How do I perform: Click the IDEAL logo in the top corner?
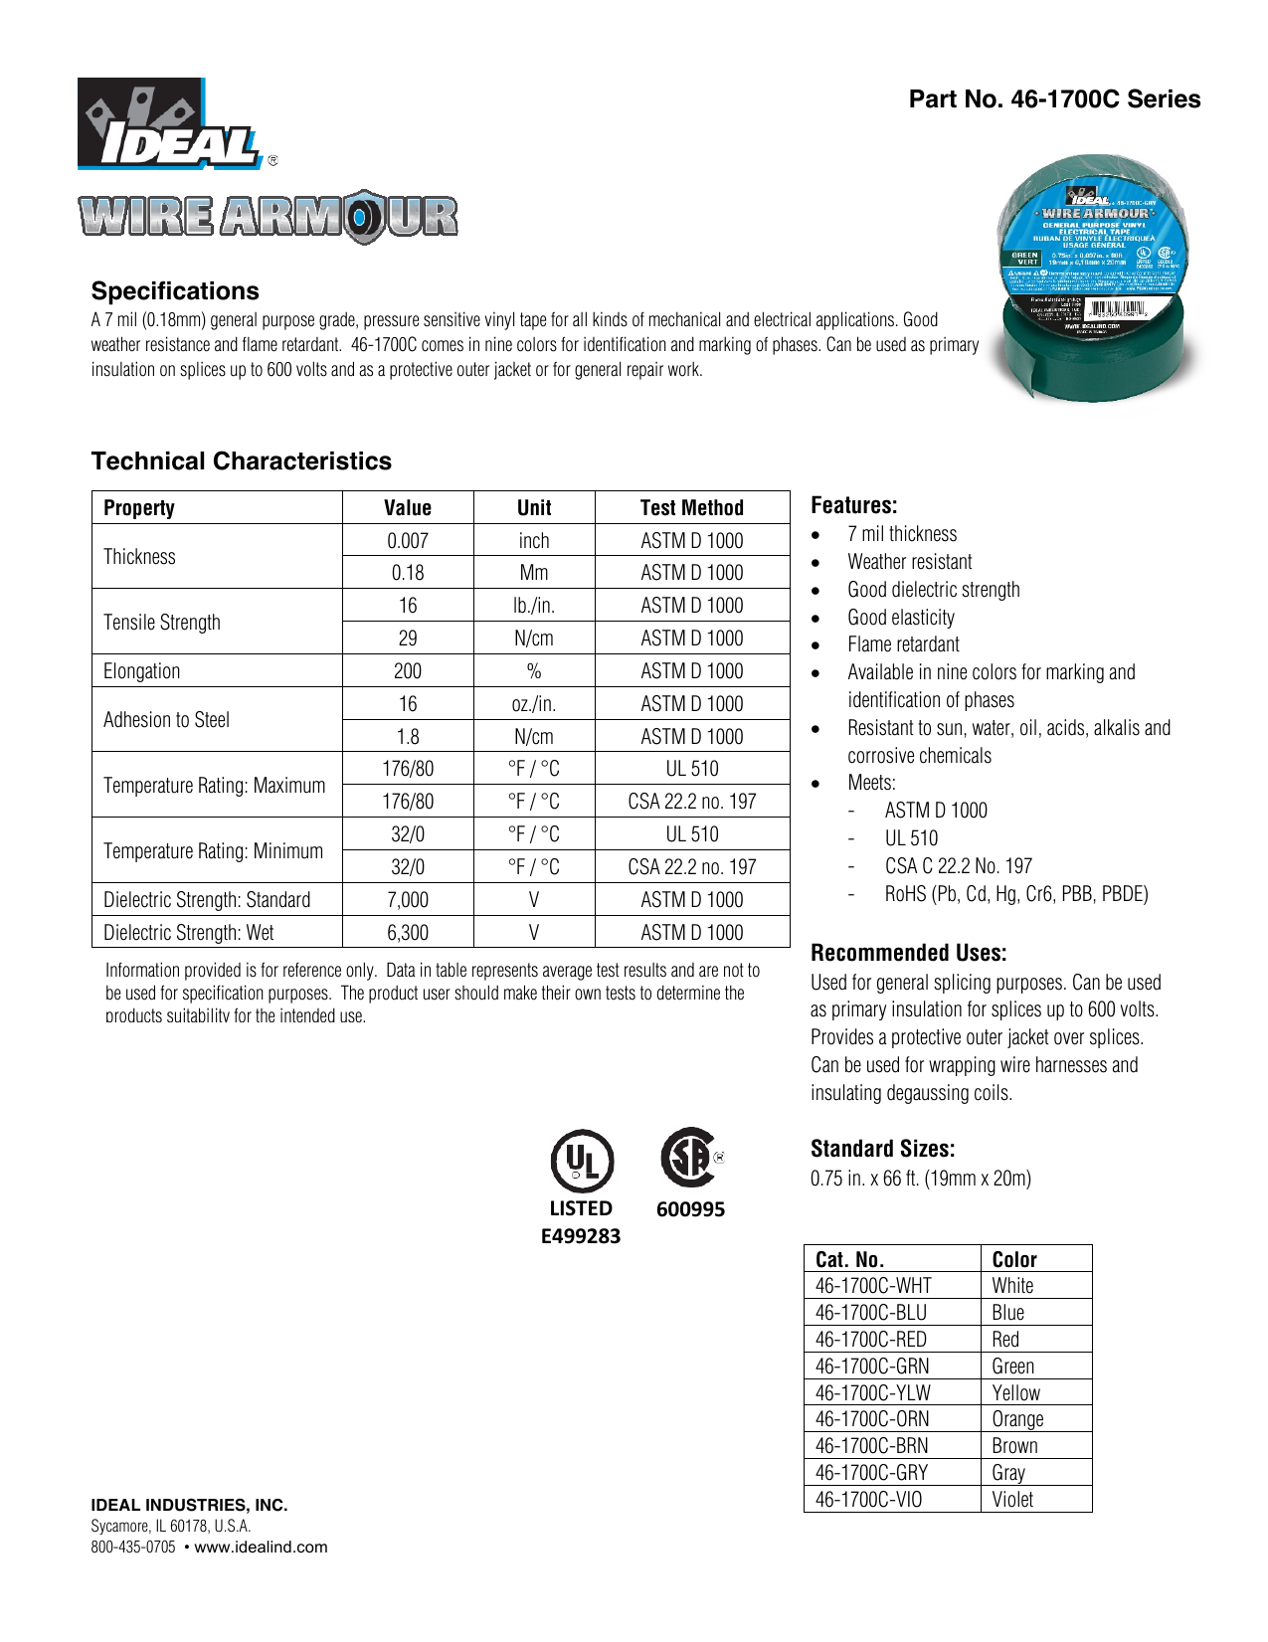point(169,124)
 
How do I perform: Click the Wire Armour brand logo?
point(269,216)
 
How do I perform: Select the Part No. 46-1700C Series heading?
point(1054,99)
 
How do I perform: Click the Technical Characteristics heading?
point(241,461)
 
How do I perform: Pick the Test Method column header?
point(691,508)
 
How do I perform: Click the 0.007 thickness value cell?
point(408,541)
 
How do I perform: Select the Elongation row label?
point(142,671)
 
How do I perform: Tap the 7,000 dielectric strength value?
point(408,900)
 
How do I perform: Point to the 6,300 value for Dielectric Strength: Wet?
point(408,933)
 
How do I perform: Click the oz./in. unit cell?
point(534,704)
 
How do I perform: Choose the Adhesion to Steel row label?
point(166,720)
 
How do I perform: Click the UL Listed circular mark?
point(582,1161)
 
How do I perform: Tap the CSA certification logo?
point(688,1157)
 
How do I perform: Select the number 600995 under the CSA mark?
point(690,1210)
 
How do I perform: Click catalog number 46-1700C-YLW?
point(872,1393)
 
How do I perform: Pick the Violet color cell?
point(1012,1500)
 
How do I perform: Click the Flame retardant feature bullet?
point(903,644)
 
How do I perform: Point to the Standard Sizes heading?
point(882,1150)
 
